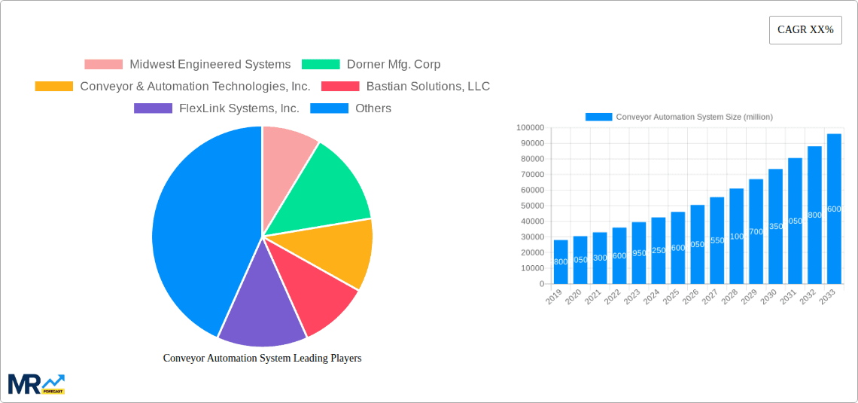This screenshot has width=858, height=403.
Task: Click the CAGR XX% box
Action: coord(805,30)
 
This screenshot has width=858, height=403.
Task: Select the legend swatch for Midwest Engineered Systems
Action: coord(103,65)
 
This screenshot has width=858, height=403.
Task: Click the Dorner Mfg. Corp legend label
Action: coord(393,65)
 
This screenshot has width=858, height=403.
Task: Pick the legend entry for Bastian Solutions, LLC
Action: coord(427,87)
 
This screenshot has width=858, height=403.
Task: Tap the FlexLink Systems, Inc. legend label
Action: coord(239,108)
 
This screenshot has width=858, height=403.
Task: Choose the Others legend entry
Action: coord(373,108)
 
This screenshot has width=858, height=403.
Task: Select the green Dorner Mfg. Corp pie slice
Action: coord(327,188)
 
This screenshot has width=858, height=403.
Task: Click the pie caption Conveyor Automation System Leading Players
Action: coord(262,359)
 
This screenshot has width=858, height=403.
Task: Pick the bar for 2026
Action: coord(698,244)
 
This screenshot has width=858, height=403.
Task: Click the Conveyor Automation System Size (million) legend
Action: coord(679,117)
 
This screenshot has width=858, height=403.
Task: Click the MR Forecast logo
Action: coord(36,384)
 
